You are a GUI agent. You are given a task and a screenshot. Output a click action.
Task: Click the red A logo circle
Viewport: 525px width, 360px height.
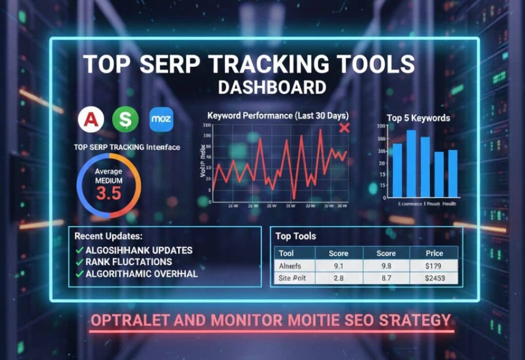click(91, 119)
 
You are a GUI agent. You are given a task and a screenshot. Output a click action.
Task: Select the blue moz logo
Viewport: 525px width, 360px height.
click(161, 120)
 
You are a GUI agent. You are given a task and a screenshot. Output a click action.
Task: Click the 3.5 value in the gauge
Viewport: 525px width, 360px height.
click(109, 193)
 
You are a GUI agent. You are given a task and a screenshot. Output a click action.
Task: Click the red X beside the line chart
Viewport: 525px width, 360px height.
click(345, 128)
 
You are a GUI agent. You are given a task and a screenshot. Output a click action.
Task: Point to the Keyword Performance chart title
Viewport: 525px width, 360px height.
click(277, 115)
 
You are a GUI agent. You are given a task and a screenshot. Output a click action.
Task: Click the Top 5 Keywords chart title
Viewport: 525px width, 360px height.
click(418, 118)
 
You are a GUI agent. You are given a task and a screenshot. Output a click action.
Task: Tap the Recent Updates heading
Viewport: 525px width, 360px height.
click(108, 237)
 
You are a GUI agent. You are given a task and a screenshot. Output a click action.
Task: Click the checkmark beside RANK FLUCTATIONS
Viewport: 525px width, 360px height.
click(79, 262)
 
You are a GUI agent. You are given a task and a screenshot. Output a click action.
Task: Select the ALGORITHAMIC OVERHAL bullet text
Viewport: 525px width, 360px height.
click(141, 273)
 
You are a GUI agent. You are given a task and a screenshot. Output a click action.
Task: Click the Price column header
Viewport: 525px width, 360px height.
click(434, 253)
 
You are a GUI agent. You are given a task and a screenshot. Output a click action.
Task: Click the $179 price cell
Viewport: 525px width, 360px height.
click(434, 266)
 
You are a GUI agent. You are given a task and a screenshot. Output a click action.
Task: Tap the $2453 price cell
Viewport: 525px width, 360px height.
click(434, 279)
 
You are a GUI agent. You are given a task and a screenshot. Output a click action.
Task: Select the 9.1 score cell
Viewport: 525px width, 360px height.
click(338, 266)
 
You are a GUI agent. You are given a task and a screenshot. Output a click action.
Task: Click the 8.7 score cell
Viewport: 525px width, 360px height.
click(386, 279)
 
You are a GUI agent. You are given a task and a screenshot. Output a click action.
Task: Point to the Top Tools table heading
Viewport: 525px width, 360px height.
click(295, 236)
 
